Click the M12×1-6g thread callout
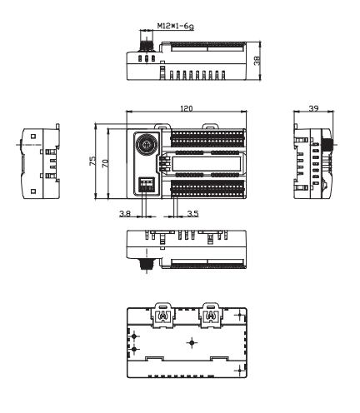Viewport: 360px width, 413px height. click(x=175, y=26)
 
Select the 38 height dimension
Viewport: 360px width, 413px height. click(x=257, y=60)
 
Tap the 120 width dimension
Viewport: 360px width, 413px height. click(x=186, y=108)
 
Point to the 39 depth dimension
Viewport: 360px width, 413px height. click(x=313, y=108)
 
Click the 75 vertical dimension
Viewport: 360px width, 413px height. click(x=92, y=162)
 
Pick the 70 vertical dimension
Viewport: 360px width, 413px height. click(x=105, y=163)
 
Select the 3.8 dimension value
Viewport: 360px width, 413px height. click(x=125, y=213)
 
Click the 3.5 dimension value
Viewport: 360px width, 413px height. click(x=192, y=213)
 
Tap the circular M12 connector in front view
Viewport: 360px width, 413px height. click(x=147, y=144)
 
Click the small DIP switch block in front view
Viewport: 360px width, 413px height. click(x=147, y=184)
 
